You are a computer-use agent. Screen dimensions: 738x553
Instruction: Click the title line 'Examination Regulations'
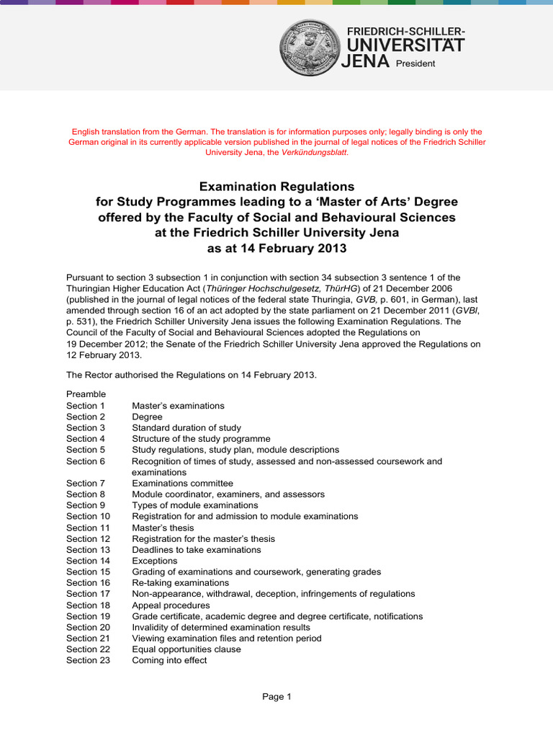(276, 187)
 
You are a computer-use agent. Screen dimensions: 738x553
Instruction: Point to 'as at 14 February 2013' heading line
(276, 249)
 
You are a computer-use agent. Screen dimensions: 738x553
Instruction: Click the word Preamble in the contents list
(86, 394)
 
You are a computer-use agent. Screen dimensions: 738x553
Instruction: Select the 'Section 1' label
(86, 406)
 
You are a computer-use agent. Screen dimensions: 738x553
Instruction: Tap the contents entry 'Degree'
(147, 417)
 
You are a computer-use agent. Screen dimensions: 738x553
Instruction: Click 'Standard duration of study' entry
(186, 427)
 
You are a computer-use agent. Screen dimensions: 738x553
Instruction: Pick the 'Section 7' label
(86, 483)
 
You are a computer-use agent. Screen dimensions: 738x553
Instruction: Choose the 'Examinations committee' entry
(182, 483)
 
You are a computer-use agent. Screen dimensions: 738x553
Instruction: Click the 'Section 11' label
(88, 528)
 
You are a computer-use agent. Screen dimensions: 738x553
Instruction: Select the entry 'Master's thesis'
(163, 528)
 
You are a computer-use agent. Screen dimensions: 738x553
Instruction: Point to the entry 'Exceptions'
(154, 561)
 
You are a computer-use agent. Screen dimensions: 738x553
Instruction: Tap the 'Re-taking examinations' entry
(180, 582)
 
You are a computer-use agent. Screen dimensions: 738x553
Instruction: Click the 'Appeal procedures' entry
(171, 605)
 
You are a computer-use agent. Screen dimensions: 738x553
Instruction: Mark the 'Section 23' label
(88, 660)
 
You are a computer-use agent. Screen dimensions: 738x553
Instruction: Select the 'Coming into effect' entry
(169, 660)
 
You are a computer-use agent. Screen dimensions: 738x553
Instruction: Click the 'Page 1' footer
(276, 696)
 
